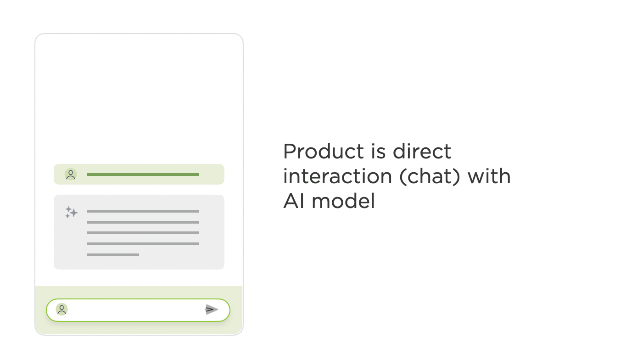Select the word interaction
pyautogui.click(x=338, y=176)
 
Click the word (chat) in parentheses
pyautogui.click(x=430, y=177)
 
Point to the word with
pyautogui.click(x=489, y=176)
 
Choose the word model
pyautogui.click(x=343, y=201)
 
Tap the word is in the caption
pyautogui.click(x=378, y=151)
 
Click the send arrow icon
pyautogui.click(x=211, y=309)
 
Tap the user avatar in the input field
pyautogui.click(x=62, y=309)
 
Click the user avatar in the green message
pyautogui.click(x=71, y=174)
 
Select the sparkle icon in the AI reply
pyautogui.click(x=71, y=213)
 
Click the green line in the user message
pyautogui.click(x=143, y=174)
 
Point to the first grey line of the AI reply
pyautogui.click(x=143, y=211)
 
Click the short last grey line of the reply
pyautogui.click(x=113, y=255)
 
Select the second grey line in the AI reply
pyautogui.click(x=143, y=222)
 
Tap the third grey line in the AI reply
pyautogui.click(x=143, y=233)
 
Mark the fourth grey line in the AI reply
pyautogui.click(x=143, y=244)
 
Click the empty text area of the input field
pyautogui.click(x=135, y=309)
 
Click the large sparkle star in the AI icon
pyautogui.click(x=74, y=213)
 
